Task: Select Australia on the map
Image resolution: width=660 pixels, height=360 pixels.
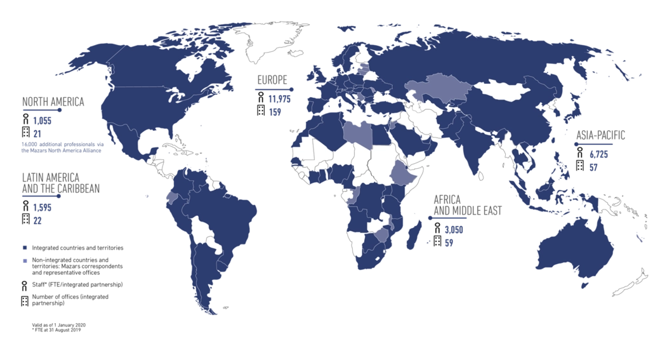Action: pos(574,251)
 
